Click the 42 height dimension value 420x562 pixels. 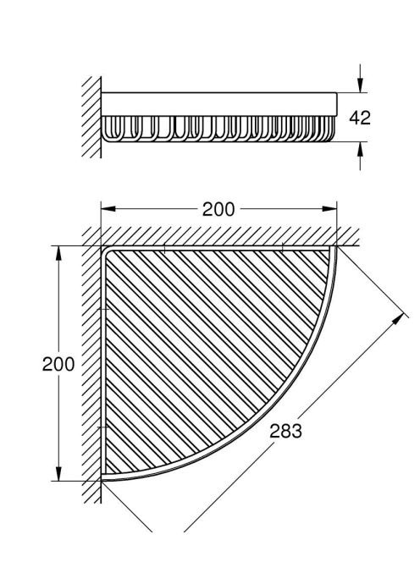[360, 118]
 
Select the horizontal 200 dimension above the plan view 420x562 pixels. [218, 209]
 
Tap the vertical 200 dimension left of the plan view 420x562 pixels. [58, 364]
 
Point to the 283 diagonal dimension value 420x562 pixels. [285, 431]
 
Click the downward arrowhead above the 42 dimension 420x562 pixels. [360, 85]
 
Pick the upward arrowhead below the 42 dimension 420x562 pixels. [360, 149]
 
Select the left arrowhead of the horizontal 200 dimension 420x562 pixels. [108, 208]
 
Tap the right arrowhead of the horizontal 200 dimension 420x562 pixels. [329, 208]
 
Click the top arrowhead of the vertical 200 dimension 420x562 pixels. [58, 253]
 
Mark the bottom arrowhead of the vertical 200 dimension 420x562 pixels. [58, 473]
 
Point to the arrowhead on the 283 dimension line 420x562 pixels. [398, 318]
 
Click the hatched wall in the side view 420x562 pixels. [91, 117]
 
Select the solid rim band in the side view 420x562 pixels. [218, 104]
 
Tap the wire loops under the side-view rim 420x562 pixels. [218, 129]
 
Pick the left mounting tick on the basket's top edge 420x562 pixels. [164, 248]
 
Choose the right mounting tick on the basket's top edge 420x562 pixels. [282, 247]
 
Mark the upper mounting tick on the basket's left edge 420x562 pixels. [103, 309]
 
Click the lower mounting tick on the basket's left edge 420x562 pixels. [103, 427]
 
